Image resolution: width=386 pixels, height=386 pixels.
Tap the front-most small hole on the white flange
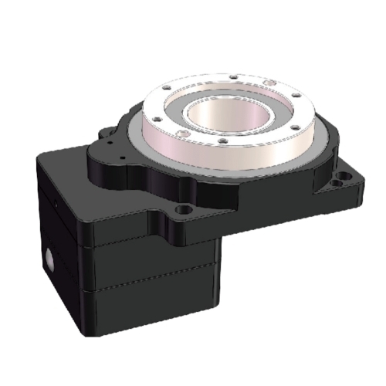coord(221,142)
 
